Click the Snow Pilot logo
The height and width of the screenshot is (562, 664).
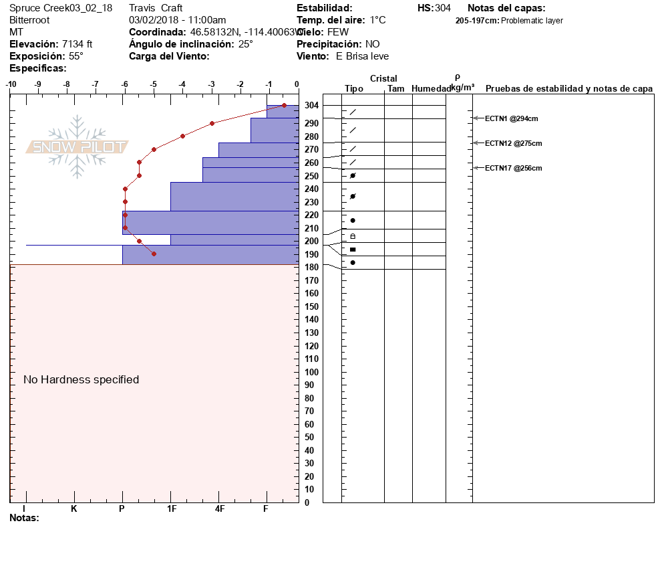77,147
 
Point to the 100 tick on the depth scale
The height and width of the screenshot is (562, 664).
311,372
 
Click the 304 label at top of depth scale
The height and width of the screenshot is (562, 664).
311,106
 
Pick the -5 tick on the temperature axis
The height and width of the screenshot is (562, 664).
154,84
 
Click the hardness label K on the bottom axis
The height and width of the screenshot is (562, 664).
73,508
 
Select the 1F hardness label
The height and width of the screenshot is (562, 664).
171,508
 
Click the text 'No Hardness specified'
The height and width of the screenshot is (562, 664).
81,379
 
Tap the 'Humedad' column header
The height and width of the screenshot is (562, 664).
431,88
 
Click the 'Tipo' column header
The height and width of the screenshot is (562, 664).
354,88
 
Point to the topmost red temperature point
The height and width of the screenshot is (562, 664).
284,105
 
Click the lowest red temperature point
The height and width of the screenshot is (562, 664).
154,254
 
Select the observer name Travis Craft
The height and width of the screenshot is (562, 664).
156,8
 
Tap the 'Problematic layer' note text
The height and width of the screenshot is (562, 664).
532,21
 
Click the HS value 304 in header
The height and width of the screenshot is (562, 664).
443,8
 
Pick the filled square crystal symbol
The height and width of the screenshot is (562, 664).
353,250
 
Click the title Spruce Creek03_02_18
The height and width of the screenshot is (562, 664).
61,8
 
